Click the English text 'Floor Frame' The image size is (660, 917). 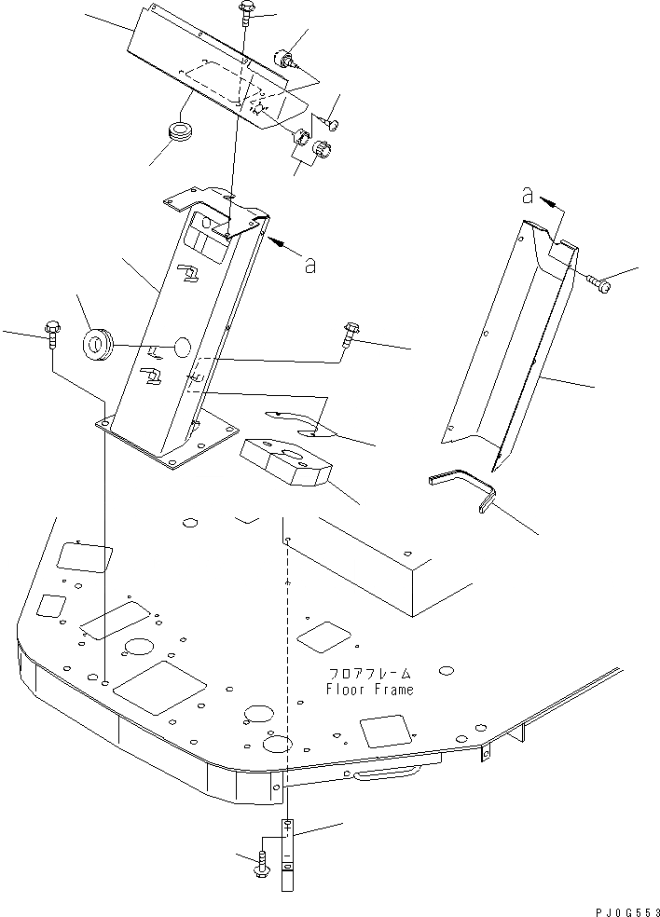tap(369, 690)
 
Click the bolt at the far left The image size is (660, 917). tap(50, 333)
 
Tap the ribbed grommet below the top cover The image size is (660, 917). tap(179, 131)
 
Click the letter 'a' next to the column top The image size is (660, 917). tap(309, 265)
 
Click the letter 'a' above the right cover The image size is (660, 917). tap(527, 196)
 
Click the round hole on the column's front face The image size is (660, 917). tap(181, 348)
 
